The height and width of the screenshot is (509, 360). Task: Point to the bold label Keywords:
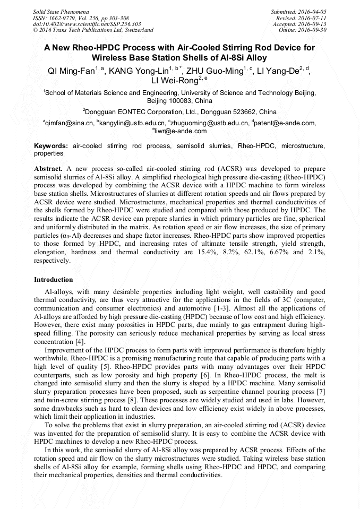click(51, 145)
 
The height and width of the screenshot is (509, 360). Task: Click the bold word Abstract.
click(48, 168)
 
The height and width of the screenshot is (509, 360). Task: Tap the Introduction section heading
click(54, 279)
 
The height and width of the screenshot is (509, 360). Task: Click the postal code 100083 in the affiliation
click(179, 100)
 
